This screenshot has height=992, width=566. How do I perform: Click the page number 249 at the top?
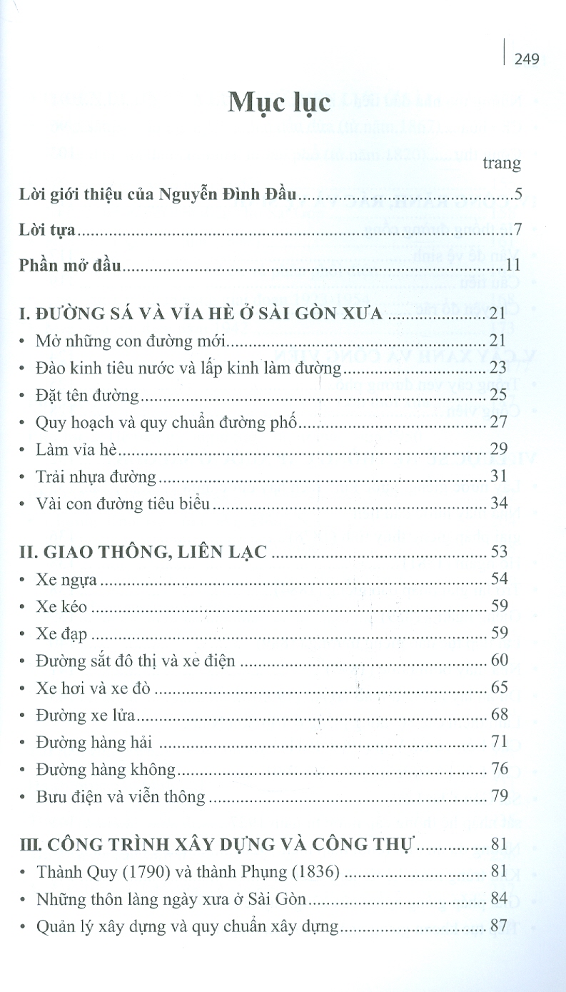(x=526, y=59)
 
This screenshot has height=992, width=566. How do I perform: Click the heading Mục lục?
(x=279, y=104)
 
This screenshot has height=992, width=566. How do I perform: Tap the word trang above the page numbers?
(x=502, y=163)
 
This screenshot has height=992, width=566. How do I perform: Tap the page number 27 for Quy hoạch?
(x=499, y=422)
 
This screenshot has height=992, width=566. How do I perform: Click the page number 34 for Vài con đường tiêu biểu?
(x=499, y=503)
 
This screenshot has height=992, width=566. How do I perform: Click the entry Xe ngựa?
(x=66, y=579)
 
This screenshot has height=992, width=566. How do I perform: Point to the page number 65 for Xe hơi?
(x=499, y=687)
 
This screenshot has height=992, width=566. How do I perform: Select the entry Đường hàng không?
(x=106, y=769)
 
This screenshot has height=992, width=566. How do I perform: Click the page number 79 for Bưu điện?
(x=499, y=796)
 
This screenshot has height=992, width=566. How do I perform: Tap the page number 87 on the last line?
(x=499, y=926)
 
